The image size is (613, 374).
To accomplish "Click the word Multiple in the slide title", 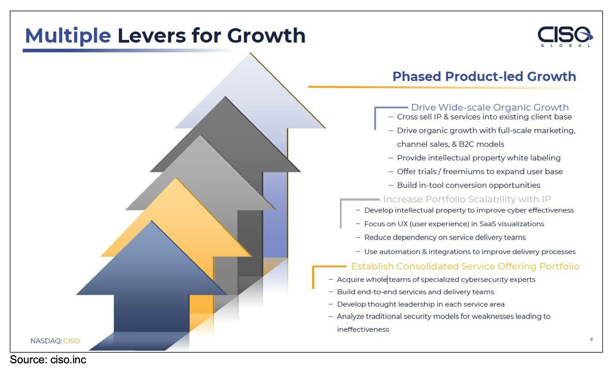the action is [x=68, y=36].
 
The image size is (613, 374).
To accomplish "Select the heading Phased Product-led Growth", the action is [x=484, y=76].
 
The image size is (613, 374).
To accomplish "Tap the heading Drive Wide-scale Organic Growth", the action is [x=490, y=107].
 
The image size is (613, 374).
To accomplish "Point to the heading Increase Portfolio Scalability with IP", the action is [x=467, y=199].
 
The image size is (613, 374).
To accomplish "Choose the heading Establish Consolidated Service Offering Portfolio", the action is [x=465, y=266].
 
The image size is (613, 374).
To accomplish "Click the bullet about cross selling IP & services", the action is [x=484, y=117].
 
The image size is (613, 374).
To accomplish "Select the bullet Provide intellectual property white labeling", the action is [x=479, y=158].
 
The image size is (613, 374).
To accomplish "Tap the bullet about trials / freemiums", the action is [x=480, y=171].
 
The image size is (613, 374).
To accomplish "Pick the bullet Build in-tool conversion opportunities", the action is [x=469, y=185].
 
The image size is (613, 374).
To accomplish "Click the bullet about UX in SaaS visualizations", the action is [x=454, y=224].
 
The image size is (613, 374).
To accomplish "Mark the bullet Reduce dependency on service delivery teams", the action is [x=445, y=237].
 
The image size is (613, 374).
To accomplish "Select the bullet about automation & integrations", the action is [x=470, y=252].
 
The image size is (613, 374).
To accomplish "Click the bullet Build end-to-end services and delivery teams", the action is [x=415, y=292].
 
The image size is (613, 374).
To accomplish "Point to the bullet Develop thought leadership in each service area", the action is [x=421, y=304].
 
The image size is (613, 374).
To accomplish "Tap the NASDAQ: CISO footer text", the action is [x=55, y=341].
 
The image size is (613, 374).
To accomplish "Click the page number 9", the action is [x=591, y=340].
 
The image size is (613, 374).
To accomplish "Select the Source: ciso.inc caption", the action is [x=48, y=360].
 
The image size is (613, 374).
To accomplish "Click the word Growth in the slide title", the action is [x=266, y=36].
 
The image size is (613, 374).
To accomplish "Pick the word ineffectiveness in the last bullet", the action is [x=363, y=329].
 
